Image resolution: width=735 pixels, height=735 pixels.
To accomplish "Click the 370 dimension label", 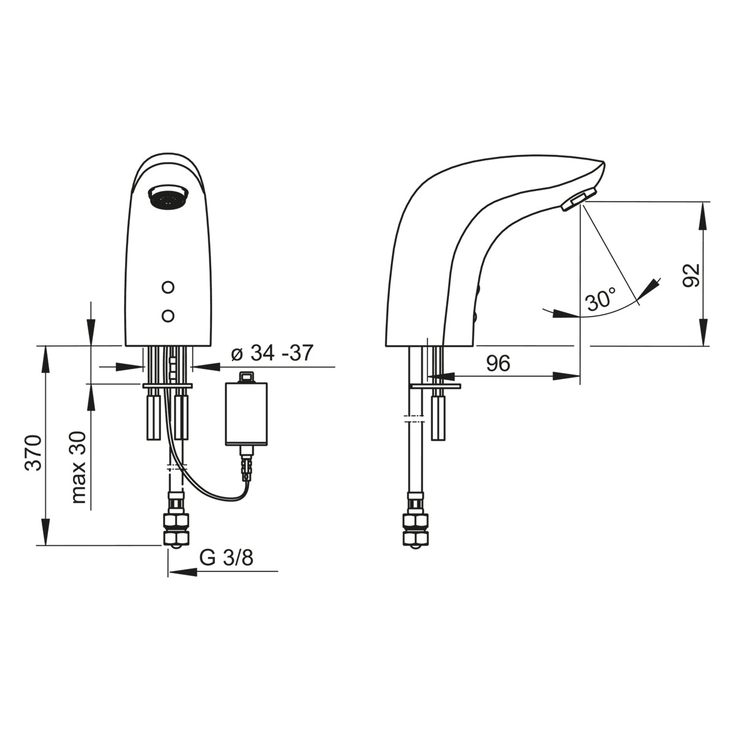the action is (x=33, y=453).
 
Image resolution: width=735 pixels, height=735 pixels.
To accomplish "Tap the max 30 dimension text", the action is (x=79, y=467).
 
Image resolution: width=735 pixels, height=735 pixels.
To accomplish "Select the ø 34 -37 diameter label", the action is (x=272, y=353).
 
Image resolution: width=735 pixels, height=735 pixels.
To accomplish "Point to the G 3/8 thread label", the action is (x=226, y=559).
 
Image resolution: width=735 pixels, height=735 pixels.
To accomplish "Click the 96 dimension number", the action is (x=498, y=363).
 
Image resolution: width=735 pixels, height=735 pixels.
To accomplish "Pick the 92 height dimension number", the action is (x=691, y=275).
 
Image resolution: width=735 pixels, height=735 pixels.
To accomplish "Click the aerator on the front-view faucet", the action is (x=168, y=197).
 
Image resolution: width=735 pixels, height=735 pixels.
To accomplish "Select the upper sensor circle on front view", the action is (x=168, y=287).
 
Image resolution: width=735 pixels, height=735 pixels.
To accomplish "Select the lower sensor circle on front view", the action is (x=168, y=316).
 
